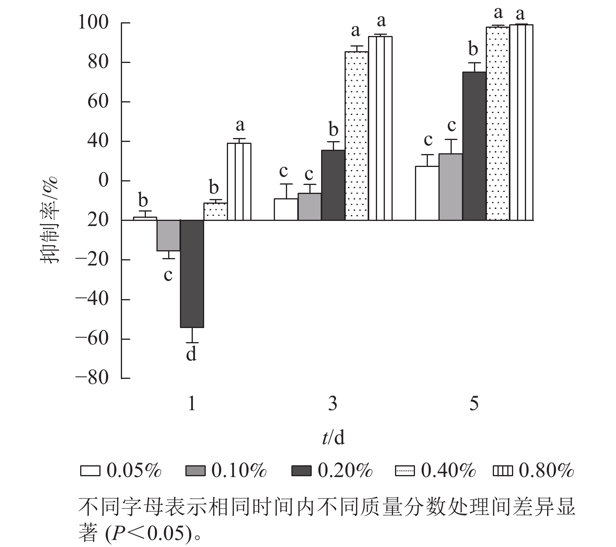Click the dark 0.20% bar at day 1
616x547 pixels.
(x=192, y=274)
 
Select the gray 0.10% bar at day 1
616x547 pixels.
(x=169, y=235)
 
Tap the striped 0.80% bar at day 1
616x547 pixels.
(x=239, y=182)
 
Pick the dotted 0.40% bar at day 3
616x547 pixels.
(x=356, y=136)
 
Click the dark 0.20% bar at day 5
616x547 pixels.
(x=474, y=146)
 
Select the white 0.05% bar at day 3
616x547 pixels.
(x=286, y=210)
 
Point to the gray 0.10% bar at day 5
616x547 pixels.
(x=451, y=187)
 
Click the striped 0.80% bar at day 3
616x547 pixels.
(x=380, y=128)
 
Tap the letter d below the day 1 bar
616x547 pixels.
(x=191, y=354)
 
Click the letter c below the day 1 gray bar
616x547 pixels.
(x=168, y=275)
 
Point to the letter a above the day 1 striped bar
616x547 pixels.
(x=240, y=125)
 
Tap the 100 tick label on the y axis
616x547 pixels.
(x=93, y=23)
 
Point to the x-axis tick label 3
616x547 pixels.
(x=332, y=404)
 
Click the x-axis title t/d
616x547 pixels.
(x=333, y=438)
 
